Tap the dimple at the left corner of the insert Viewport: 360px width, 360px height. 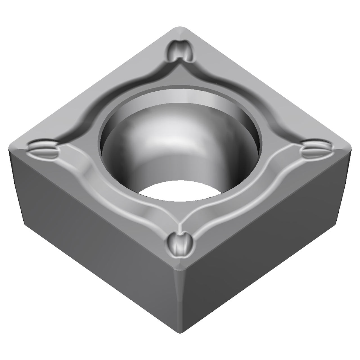pyautogui.click(x=44, y=149)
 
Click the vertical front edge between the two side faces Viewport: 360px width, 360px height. pyautogui.click(x=179, y=304)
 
